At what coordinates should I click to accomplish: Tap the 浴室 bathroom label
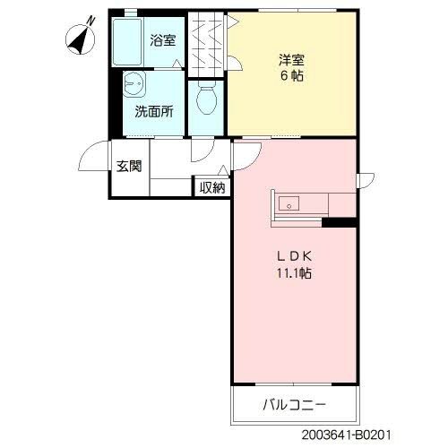[162, 41]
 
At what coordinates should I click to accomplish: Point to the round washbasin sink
[137, 86]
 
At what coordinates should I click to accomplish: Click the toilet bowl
[206, 99]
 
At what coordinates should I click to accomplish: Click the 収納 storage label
[211, 187]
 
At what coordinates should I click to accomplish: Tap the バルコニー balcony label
[294, 405]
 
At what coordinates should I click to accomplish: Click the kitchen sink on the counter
[290, 202]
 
